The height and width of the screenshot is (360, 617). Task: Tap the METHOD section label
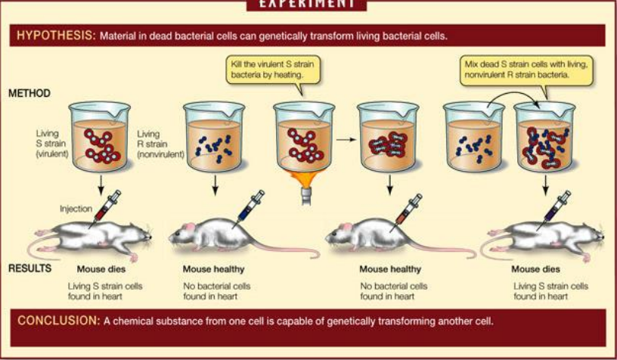tap(29, 95)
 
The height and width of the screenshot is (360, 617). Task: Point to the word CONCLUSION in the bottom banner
tap(58, 321)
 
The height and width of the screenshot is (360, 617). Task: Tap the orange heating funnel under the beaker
tap(304, 183)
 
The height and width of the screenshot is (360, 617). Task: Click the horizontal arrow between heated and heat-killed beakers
tap(346, 139)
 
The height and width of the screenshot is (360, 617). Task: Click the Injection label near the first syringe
tap(76, 208)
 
